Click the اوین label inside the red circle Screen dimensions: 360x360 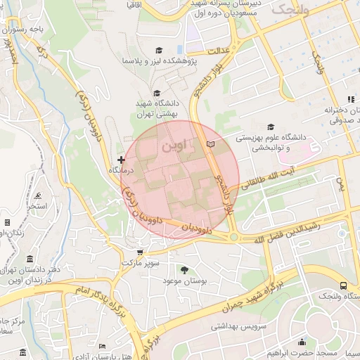click(174, 148)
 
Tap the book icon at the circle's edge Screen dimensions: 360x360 click(210, 144)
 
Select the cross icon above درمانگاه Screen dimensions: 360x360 click(121, 160)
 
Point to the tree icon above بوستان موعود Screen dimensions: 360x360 click(185, 269)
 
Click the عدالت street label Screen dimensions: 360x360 click(219, 51)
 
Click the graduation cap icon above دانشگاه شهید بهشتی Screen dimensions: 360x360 click(156, 93)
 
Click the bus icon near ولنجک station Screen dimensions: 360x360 click(343, 285)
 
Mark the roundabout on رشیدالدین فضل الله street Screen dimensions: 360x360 click(233, 237)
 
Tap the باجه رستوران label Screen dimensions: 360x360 click(28, 30)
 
